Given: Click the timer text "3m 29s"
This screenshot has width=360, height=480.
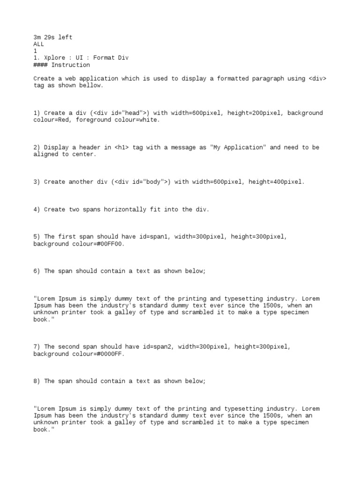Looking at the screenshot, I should [44, 37].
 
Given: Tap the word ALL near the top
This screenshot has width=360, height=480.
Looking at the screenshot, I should [38, 44].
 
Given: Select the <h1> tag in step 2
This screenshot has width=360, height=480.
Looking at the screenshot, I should [121, 147].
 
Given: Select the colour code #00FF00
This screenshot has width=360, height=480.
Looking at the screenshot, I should [111, 244].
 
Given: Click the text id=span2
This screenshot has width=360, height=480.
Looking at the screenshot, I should [156, 347].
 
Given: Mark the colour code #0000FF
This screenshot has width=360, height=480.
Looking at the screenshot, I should [111, 354].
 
